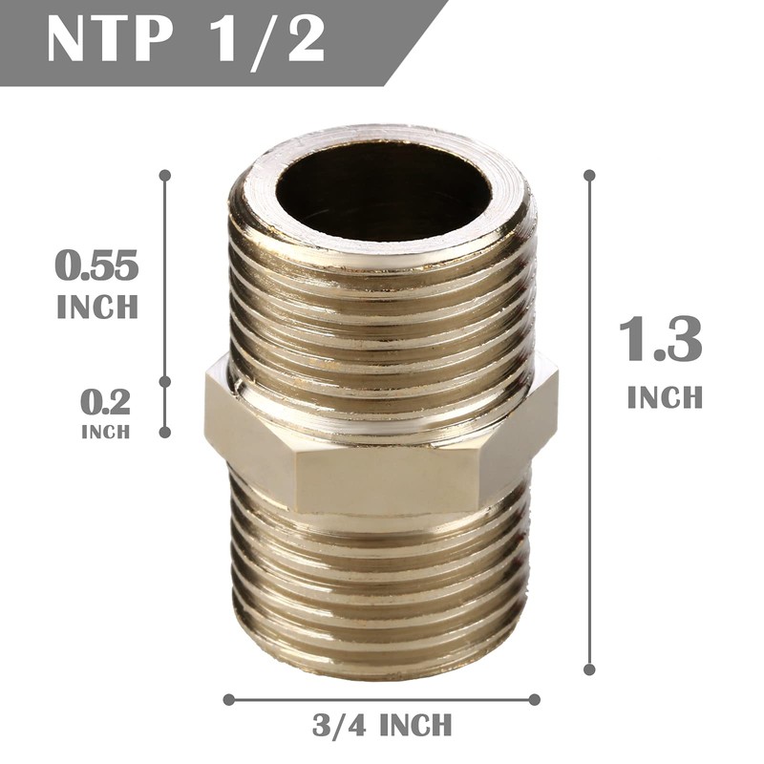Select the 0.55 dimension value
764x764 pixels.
pyautogui.click(x=96, y=266)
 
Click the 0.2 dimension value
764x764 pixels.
pyautogui.click(x=105, y=400)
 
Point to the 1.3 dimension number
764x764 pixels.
pyautogui.click(x=661, y=339)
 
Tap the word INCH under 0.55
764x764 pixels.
pyautogui.click(x=97, y=308)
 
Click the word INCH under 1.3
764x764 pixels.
pyautogui.click(x=665, y=397)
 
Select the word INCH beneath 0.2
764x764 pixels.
pyautogui.click(x=105, y=432)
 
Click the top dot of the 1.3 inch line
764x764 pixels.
pyautogui.click(x=589, y=176)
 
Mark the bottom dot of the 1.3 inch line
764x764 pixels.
pyautogui.click(x=589, y=670)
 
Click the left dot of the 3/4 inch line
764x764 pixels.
pyautogui.click(x=228, y=699)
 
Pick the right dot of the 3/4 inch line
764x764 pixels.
pyautogui.click(x=535, y=699)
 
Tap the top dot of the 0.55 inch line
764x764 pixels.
pyautogui.click(x=165, y=176)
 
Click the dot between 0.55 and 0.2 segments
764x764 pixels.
pyautogui.click(x=165, y=380)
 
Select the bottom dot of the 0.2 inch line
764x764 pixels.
pyautogui.click(x=165, y=432)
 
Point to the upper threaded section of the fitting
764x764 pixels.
pyautogui.click(x=382, y=306)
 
